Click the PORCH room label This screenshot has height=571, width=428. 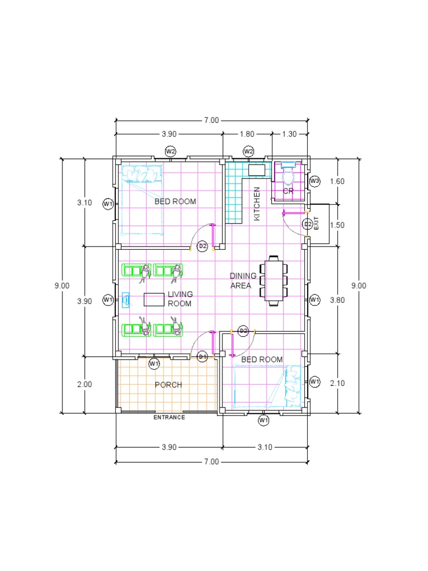point(168,385)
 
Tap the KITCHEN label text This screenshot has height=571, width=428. point(257,204)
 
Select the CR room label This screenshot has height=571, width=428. point(288,191)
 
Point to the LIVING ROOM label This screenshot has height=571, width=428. point(179,299)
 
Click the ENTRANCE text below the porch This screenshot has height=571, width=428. point(169,417)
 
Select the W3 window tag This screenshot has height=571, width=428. point(314,181)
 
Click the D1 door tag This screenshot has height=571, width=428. point(202,356)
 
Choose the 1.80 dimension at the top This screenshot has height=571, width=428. point(247,134)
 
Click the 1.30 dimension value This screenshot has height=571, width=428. point(290,134)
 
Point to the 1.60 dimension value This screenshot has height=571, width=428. point(338,181)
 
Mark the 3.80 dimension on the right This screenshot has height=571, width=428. point(338,299)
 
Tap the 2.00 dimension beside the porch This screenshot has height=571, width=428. point(84,384)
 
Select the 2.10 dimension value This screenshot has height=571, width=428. point(338,384)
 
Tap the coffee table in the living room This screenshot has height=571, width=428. point(154,299)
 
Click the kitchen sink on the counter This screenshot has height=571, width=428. point(256,170)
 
